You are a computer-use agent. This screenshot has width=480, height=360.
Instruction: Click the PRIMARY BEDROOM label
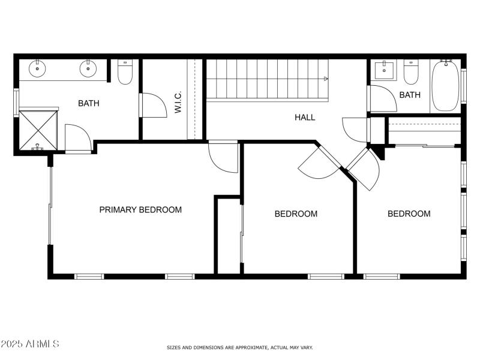pyautogui.click(x=140, y=210)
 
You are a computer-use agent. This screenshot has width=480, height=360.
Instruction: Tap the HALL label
pyautogui.click(x=305, y=118)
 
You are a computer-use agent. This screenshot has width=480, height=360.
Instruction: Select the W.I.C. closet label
pyautogui.click(x=178, y=103)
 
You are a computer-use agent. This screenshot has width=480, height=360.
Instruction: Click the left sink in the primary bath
pyautogui.click(x=38, y=68)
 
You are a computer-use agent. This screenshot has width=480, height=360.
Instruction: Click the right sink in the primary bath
pyautogui.click(x=88, y=68)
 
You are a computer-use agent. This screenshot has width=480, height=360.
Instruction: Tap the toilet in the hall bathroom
pyautogui.click(x=411, y=73)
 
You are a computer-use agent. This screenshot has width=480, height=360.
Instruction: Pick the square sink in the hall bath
pyautogui.click(x=383, y=70)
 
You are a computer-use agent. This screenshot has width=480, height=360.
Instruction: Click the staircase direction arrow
pyautogui.click(x=326, y=79)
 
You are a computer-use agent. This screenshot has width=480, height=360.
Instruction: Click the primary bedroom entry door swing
pyautogui.click(x=223, y=158)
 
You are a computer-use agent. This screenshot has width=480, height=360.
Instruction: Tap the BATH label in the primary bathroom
pyautogui.click(x=89, y=103)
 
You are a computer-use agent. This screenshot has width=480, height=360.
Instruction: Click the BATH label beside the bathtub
pyautogui.click(x=410, y=95)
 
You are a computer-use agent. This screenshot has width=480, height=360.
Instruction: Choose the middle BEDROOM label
pyautogui.click(x=296, y=214)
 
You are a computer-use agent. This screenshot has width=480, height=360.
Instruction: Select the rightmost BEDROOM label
pyautogui.click(x=409, y=214)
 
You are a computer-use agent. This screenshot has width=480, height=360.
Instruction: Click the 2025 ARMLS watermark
pyautogui.click(x=30, y=344)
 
